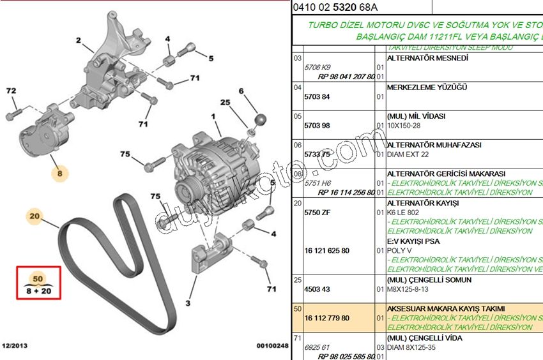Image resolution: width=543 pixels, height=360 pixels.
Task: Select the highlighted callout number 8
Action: [60, 172]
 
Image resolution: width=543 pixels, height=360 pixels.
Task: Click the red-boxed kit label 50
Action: [38, 279]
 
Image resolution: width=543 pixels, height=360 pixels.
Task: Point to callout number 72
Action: [10, 91]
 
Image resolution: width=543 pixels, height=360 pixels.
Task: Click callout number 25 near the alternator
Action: [225, 102]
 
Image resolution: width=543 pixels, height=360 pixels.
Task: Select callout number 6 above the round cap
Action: [242, 91]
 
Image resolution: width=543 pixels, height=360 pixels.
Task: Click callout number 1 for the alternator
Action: [214, 117]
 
